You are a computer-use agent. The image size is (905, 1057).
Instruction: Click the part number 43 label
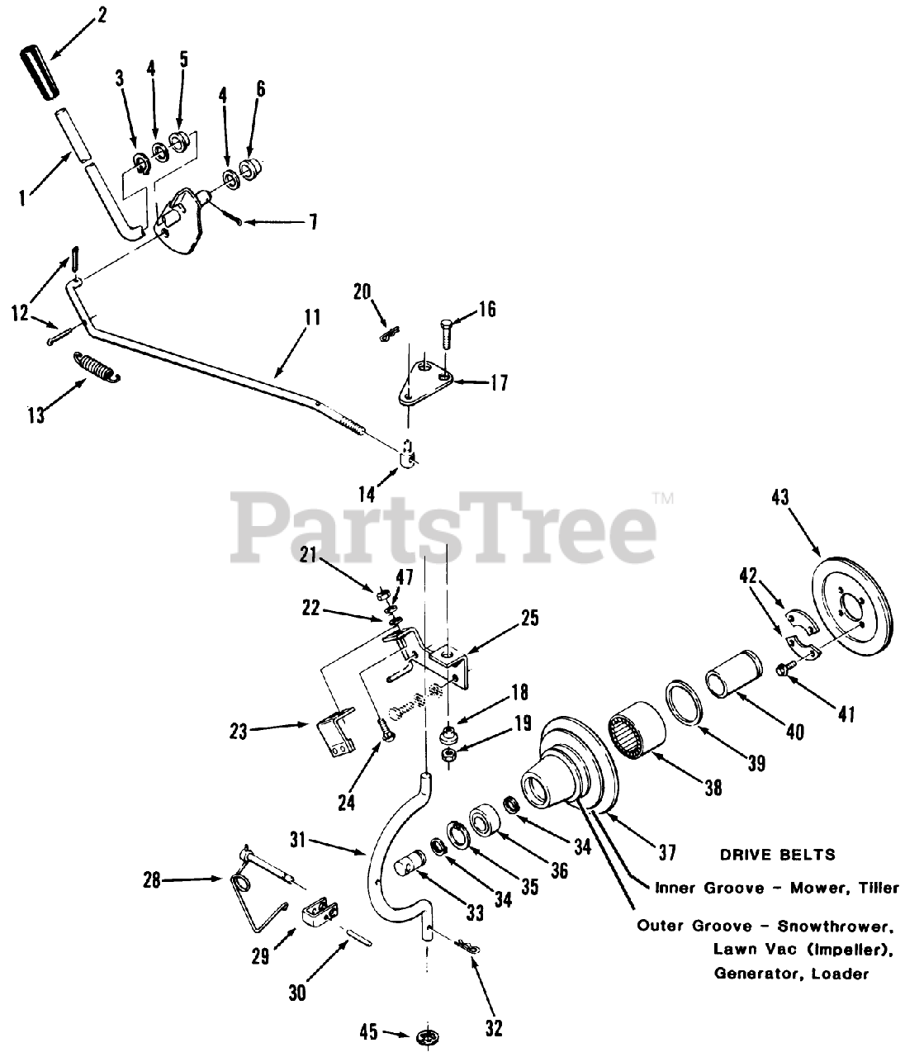point(779,498)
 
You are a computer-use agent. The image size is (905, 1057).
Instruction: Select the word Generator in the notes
point(753,974)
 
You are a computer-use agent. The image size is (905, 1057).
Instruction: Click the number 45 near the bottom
point(370,1032)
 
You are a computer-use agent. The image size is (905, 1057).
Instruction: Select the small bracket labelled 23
point(337,723)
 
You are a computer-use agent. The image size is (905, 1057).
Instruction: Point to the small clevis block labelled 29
point(321,912)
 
